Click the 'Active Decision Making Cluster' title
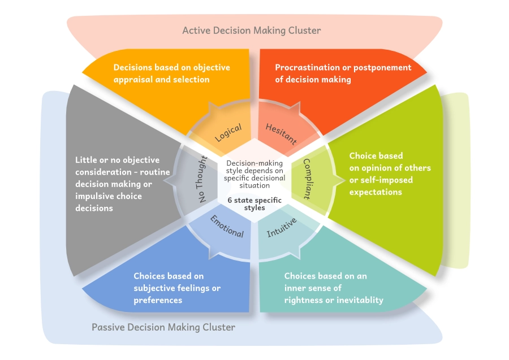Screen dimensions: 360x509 [251, 30]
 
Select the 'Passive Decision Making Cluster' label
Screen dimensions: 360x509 [163, 327]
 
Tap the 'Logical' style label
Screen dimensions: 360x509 [228, 132]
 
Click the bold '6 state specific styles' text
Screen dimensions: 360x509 [254, 203]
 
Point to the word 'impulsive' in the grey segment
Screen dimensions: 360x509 [94, 196]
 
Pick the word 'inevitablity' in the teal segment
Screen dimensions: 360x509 [359, 300]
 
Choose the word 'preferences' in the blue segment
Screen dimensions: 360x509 [158, 300]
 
